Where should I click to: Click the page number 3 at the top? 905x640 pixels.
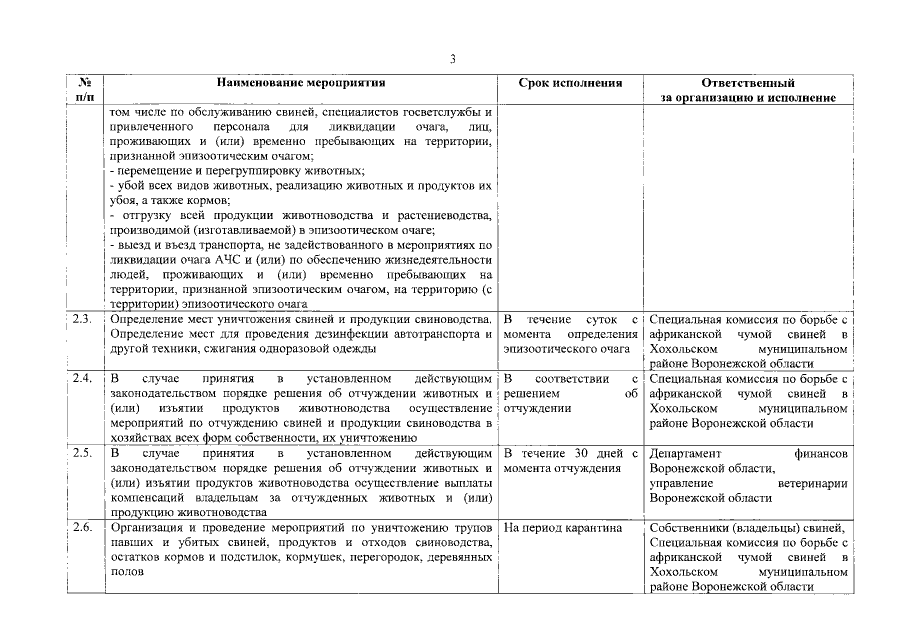(x=452, y=59)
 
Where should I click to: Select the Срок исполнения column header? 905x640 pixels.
(x=571, y=84)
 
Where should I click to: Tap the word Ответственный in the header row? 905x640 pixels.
(x=748, y=84)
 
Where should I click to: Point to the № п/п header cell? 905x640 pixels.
(x=85, y=91)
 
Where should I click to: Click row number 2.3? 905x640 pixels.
(x=83, y=319)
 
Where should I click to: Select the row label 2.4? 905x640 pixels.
(x=83, y=379)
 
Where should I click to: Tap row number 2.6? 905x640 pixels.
(x=83, y=527)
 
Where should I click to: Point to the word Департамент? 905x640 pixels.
(x=690, y=454)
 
